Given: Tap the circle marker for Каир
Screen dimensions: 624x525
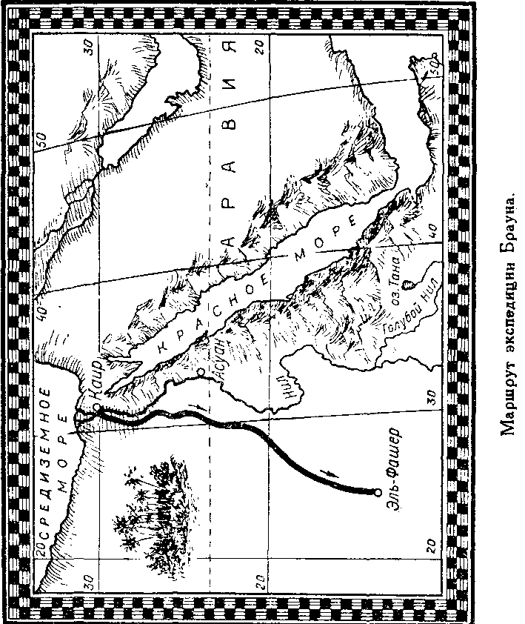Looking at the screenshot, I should tap(98, 407).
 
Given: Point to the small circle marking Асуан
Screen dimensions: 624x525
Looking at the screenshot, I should tap(201, 368).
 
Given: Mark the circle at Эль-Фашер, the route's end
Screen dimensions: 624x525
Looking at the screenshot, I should tap(378, 492).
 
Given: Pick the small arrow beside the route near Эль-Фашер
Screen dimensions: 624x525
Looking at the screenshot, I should tap(327, 472).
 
